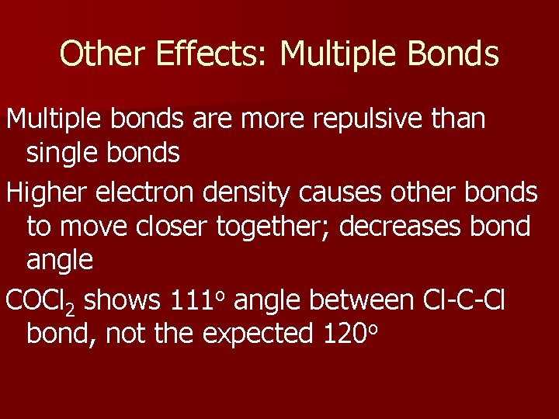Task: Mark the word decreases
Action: tap(428, 227)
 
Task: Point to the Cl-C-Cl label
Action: tap(464, 299)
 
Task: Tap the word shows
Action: tap(120, 299)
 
